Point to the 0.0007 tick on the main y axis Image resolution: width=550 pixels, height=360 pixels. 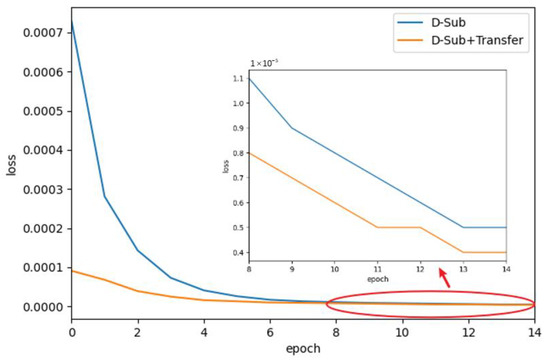(37, 33)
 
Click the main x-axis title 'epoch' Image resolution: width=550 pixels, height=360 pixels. (302, 347)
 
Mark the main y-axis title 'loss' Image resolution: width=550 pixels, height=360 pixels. (11, 167)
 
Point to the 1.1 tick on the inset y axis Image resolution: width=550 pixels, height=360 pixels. (238, 78)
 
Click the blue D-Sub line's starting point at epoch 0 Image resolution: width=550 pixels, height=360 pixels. (71, 19)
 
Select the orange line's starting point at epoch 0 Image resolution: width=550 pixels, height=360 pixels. (71, 270)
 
